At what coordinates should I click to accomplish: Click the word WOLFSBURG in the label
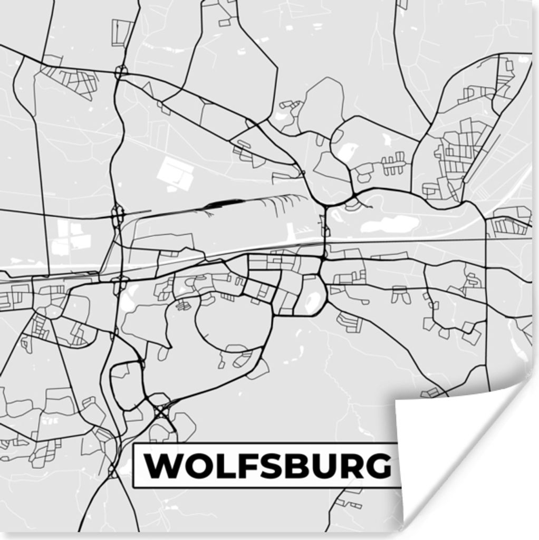click(268, 466)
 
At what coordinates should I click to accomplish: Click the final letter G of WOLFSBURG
click(377, 466)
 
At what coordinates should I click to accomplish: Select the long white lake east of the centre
click(390, 225)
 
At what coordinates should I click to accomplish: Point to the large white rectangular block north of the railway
click(176, 173)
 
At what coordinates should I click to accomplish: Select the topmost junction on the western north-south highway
click(121, 71)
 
